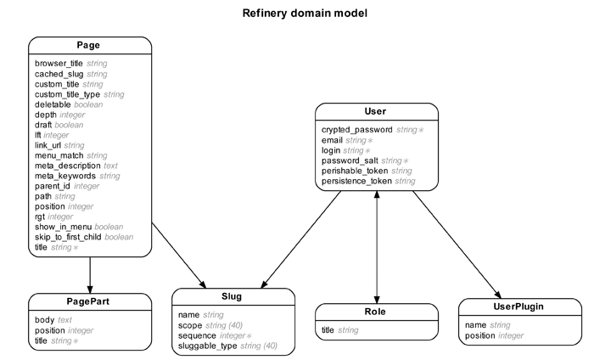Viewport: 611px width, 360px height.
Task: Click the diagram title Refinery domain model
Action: click(305, 14)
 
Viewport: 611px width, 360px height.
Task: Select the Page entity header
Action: click(89, 46)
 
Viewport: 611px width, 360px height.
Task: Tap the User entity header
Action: click(375, 112)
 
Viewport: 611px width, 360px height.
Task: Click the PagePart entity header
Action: click(89, 302)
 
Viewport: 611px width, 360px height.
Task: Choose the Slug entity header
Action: click(233, 296)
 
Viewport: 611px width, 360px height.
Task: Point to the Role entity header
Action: click(375, 312)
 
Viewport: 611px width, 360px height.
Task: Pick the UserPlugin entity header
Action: click(519, 307)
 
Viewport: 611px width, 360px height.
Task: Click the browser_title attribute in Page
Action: click(59, 64)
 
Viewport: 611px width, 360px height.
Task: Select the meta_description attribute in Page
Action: click(67, 166)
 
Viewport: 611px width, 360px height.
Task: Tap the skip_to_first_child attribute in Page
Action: click(68, 237)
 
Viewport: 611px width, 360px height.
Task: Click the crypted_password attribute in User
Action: click(357, 130)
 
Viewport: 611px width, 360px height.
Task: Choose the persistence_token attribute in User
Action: click(356, 181)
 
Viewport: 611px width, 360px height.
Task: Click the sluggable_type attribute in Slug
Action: click(208, 346)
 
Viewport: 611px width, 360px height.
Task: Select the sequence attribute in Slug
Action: click(199, 335)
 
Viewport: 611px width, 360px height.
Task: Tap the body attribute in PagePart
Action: click(44, 320)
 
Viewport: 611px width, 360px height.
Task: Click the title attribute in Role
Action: click(328, 329)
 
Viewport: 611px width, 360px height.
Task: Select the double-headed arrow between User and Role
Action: click(375, 246)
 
